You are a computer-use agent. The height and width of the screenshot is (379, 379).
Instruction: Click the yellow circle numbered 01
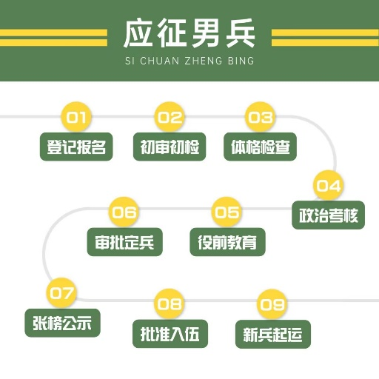[76, 117]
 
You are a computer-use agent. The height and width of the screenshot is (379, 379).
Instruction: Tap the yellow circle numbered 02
[170, 117]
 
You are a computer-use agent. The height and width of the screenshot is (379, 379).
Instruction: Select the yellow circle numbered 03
[261, 117]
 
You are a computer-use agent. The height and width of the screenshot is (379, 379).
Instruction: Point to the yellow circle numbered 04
[329, 185]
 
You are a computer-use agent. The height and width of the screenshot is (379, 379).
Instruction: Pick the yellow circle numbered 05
[227, 212]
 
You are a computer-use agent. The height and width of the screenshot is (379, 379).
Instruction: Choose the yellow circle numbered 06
[124, 212]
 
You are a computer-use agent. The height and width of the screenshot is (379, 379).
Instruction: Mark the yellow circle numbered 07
[61, 293]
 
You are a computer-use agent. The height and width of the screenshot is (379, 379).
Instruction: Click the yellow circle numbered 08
[170, 303]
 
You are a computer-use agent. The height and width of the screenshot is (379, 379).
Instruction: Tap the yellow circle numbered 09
[272, 304]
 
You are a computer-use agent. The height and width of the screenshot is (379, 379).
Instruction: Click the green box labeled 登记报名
[76, 147]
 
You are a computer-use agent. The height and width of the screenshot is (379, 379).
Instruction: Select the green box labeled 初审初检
[170, 147]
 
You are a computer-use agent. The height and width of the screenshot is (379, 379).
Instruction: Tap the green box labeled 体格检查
[261, 147]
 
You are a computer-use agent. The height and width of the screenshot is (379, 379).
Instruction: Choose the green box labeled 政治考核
[329, 215]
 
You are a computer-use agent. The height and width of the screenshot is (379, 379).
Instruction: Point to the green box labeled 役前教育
[227, 242]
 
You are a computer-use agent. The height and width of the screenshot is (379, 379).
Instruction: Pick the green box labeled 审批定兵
[125, 242]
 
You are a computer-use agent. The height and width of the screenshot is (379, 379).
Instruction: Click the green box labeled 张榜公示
[62, 323]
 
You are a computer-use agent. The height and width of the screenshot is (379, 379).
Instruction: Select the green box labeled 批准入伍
[170, 334]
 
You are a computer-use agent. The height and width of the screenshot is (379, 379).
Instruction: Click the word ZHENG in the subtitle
[204, 61]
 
